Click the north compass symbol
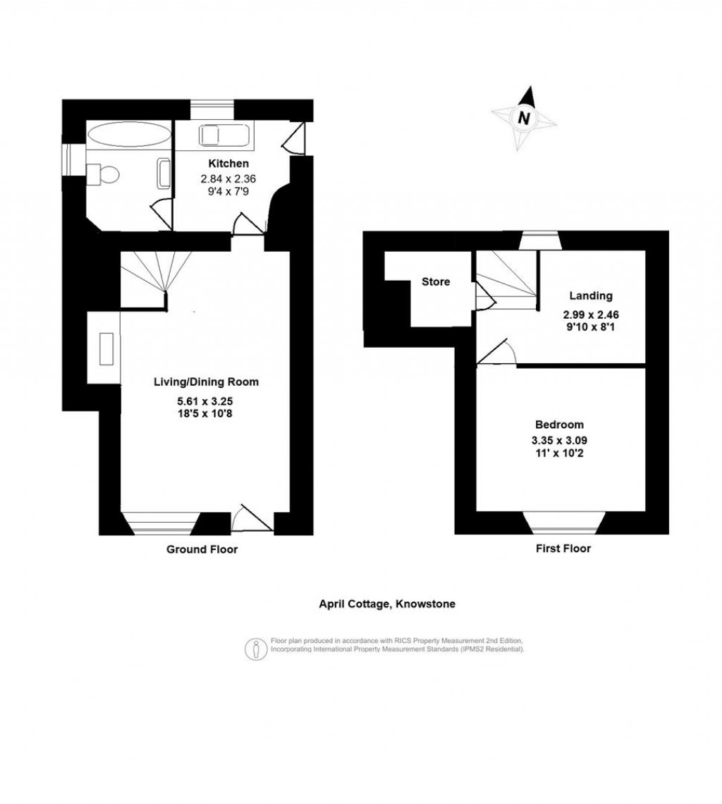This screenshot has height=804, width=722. click(524, 118)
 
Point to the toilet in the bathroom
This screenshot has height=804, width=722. click(104, 173)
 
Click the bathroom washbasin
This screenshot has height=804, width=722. click(164, 173)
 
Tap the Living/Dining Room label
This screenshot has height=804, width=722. click(206, 382)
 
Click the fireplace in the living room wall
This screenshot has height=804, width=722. click(106, 349)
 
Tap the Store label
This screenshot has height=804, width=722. click(435, 282)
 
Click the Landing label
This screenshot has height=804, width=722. click(592, 296)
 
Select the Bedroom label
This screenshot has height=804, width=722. click(558, 425)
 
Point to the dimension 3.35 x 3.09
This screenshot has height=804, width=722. click(558, 440)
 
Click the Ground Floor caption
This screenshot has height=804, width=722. click(202, 549)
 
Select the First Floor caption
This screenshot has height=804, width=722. click(562, 548)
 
